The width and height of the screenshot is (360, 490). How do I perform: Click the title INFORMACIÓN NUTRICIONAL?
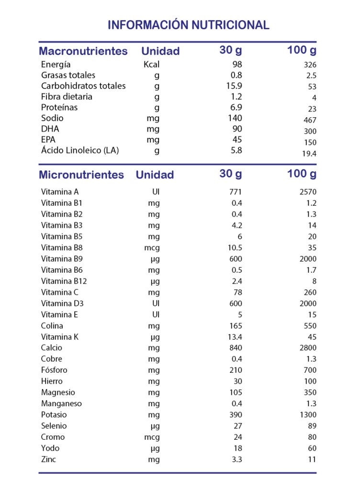click(x=189, y=25)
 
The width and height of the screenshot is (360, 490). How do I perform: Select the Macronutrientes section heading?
click(x=83, y=51)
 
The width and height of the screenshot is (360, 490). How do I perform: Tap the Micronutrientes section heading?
click(x=81, y=175)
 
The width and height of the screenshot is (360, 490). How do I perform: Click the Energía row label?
click(x=56, y=65)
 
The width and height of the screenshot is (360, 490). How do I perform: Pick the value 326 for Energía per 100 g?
click(x=310, y=65)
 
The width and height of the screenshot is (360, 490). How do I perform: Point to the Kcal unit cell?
click(x=152, y=65)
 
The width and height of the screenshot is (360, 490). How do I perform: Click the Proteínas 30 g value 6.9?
click(x=236, y=107)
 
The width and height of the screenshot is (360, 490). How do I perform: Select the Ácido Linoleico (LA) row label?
click(x=80, y=150)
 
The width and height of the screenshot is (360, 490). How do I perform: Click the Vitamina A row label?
click(x=60, y=192)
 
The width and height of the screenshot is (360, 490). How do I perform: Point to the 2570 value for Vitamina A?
click(x=308, y=192)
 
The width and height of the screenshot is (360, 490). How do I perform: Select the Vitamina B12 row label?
click(x=64, y=281)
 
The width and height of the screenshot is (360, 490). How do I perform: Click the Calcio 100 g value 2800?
click(x=308, y=348)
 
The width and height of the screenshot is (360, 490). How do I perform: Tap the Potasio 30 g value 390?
click(x=236, y=415)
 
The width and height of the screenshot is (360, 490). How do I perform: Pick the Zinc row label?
click(x=48, y=459)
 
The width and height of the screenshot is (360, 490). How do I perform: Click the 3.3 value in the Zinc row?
click(x=237, y=459)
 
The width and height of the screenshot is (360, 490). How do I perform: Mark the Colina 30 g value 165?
click(x=236, y=326)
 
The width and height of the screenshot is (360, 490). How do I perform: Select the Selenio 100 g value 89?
click(x=312, y=426)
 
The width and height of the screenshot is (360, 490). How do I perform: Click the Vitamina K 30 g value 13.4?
click(x=235, y=337)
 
